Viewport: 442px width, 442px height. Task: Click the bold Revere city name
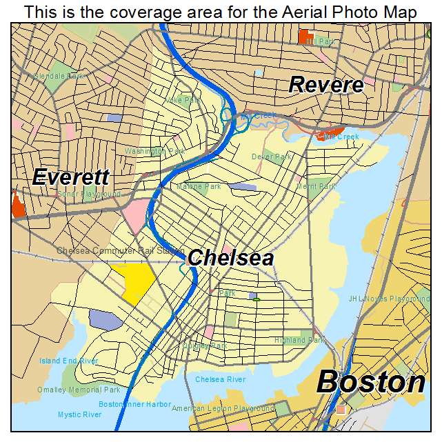(325, 85)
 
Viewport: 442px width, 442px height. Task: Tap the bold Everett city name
(70, 177)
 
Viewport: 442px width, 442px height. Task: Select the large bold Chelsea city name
(230, 259)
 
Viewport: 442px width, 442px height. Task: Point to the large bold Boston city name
(371, 382)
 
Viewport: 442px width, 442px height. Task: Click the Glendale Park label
(59, 76)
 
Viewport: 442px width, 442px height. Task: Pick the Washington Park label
(155, 151)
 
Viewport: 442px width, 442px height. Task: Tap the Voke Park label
(183, 100)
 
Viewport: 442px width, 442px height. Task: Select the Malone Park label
(199, 186)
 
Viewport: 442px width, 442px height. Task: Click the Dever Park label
(271, 157)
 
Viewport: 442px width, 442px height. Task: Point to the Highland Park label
(299, 340)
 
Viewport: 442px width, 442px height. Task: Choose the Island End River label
(68, 361)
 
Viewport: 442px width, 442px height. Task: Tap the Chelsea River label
(220, 379)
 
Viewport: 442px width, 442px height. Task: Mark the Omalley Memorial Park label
(80, 390)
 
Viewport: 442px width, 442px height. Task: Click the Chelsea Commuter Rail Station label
(121, 250)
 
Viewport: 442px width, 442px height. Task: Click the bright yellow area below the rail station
(134, 281)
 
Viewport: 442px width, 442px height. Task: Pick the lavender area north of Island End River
(105, 319)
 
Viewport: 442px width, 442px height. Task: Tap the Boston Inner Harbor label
(134, 404)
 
